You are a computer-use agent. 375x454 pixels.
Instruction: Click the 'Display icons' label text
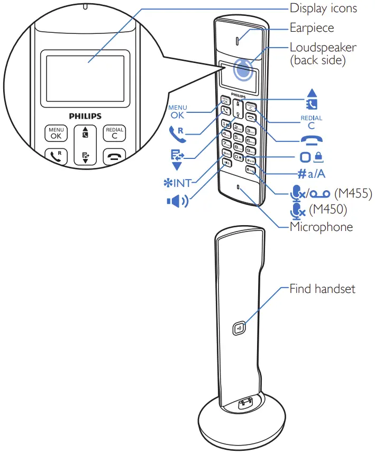click(323, 8)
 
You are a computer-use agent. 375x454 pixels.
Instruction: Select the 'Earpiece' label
click(312, 28)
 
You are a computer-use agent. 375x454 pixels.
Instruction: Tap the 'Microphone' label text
click(321, 227)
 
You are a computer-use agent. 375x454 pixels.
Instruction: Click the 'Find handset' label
click(322, 289)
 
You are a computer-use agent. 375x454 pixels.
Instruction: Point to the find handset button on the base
click(239, 328)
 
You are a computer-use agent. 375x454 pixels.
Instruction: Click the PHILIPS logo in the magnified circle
click(85, 115)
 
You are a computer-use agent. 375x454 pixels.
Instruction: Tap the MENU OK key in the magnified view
click(56, 133)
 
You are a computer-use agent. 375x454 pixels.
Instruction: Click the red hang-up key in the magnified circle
click(114, 157)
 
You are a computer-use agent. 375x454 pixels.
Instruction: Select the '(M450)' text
click(327, 210)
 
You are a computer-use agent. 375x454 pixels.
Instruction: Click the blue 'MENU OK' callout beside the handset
click(178, 111)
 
